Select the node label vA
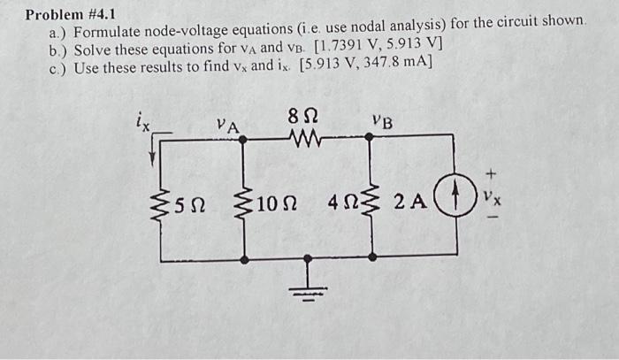click(x=228, y=126)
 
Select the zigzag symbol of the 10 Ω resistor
click(x=242, y=205)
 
